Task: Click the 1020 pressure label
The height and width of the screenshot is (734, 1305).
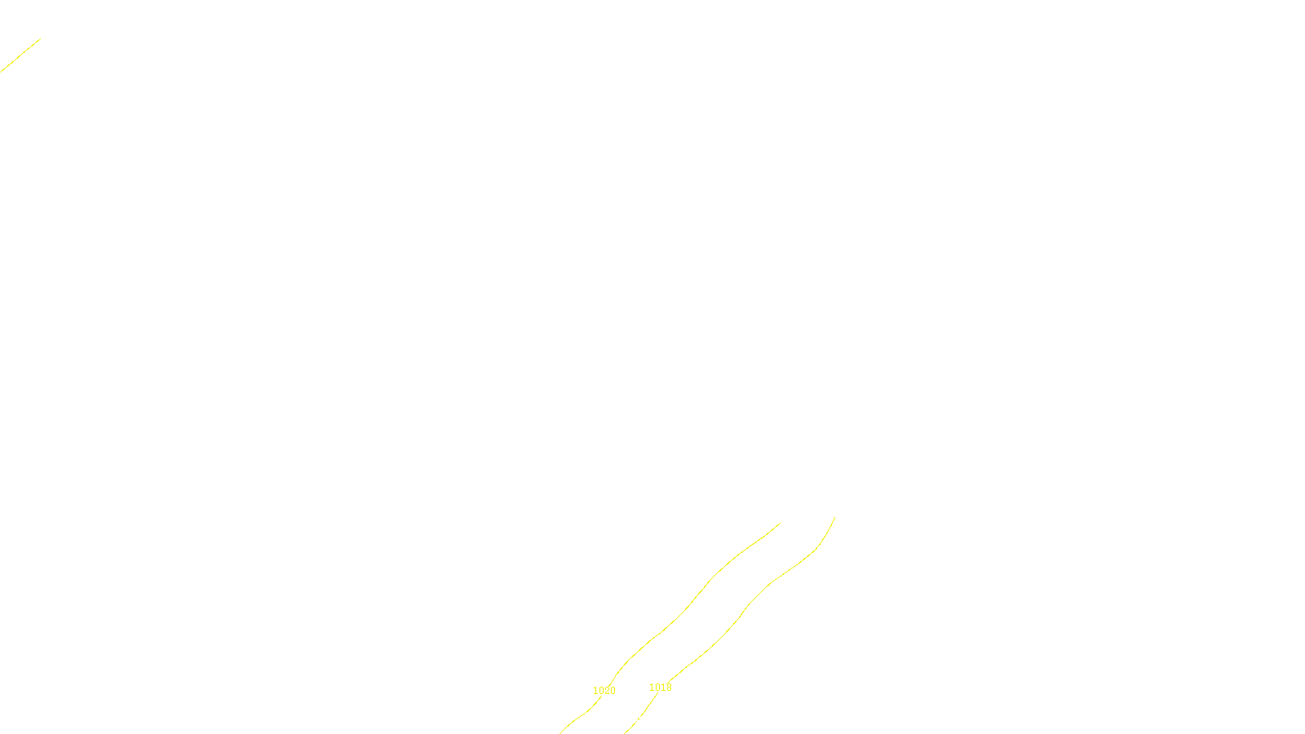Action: pos(604,691)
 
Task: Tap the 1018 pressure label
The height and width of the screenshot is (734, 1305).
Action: pos(661,688)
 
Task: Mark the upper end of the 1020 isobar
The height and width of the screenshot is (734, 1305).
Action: pos(780,524)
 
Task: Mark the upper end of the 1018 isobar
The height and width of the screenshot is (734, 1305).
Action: pos(834,517)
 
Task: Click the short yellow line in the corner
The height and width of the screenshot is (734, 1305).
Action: pos(20,55)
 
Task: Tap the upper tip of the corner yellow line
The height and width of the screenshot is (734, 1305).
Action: pos(40,38)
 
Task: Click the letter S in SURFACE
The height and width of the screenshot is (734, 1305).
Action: pos(636,720)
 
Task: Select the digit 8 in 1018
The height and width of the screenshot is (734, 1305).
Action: pos(669,688)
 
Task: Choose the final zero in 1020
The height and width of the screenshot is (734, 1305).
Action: pos(613,691)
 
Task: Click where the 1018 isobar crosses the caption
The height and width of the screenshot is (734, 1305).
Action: pos(635,720)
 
